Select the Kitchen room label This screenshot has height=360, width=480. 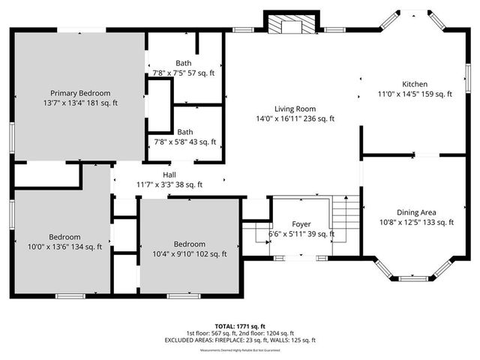tap(415, 84)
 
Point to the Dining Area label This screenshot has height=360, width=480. tap(416, 212)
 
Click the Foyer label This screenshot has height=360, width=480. tap(301, 224)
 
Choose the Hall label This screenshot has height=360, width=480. tap(169, 175)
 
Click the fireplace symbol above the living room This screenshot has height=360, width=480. tap(286, 25)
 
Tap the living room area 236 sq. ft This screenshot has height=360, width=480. tap(317, 118)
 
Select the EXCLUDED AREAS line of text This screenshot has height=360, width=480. tap(240, 340)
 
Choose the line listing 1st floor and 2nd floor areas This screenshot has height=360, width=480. tap(240, 334)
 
